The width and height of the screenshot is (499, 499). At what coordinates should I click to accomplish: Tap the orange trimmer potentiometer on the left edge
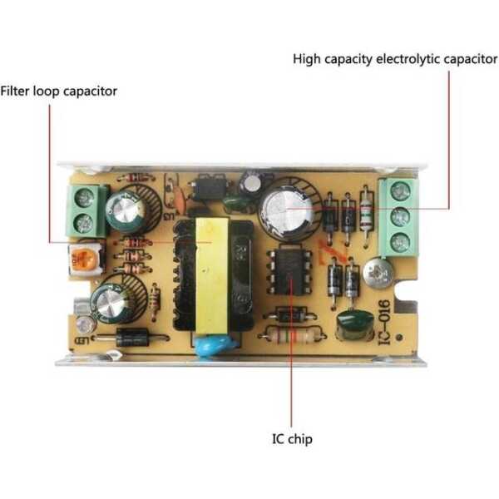(84, 259)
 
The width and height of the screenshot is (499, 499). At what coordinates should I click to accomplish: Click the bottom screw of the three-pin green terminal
(401, 243)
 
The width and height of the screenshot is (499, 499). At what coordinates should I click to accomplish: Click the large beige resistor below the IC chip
(291, 336)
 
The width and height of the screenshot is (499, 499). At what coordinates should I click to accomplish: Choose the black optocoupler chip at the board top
(205, 189)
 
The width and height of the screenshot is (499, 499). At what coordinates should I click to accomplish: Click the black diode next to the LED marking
(131, 338)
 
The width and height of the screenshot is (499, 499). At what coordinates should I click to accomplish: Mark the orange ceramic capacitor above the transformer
(177, 200)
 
